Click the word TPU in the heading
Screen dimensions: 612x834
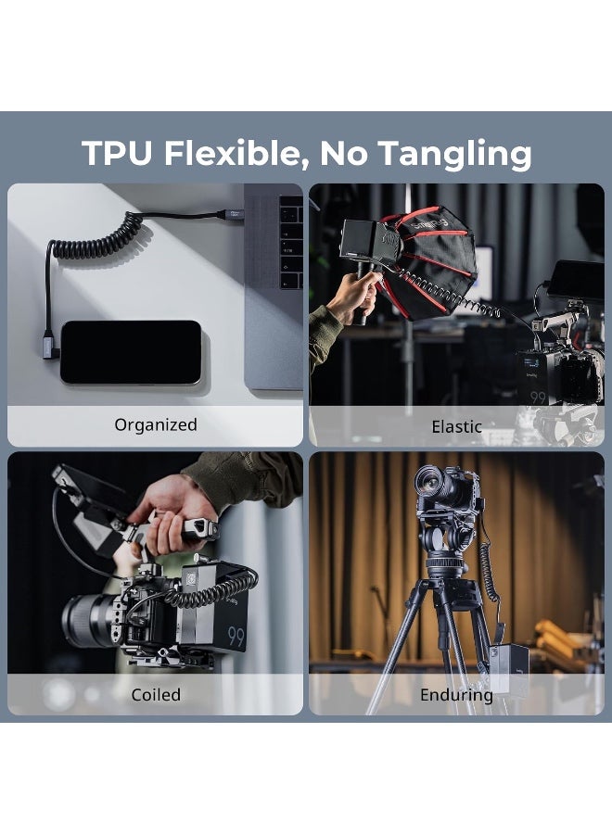click(x=117, y=153)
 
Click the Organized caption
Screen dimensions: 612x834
click(x=156, y=425)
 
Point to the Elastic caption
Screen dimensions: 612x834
click(x=456, y=426)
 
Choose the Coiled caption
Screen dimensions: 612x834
click(x=156, y=695)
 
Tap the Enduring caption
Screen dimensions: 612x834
click(x=456, y=695)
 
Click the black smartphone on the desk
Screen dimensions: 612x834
click(x=131, y=351)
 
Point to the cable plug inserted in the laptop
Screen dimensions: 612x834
click(x=233, y=215)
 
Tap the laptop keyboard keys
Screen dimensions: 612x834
click(x=290, y=242)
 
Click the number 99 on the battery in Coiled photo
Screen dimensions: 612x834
click(x=236, y=636)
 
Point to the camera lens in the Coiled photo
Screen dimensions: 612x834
click(x=89, y=620)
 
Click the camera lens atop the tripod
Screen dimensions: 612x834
click(x=434, y=483)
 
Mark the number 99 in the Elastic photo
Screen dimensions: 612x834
click(x=538, y=398)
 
